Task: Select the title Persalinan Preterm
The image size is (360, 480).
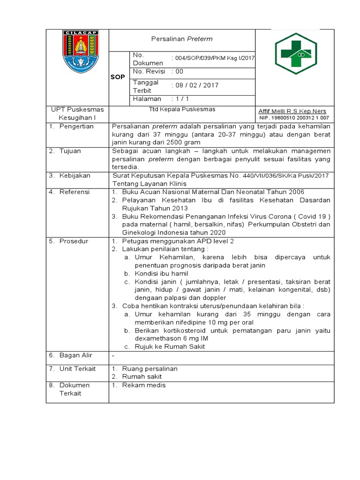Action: tap(182, 39)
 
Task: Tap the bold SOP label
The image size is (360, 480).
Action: tap(118, 77)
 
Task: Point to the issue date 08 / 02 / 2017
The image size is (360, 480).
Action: tap(197, 85)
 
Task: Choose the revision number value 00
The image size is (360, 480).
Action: tap(179, 71)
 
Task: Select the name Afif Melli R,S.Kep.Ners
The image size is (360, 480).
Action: tap(292, 111)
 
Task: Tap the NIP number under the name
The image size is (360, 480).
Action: tap(293, 118)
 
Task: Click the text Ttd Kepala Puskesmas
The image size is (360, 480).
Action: tap(181, 109)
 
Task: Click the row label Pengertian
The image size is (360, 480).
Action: tap(76, 126)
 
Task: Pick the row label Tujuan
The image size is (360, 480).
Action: tap(70, 151)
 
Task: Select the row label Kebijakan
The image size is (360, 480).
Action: tap(75, 175)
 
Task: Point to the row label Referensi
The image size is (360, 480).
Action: tap(74, 192)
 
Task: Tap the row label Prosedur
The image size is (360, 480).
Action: tap(74, 241)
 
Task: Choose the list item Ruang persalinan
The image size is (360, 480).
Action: tap(150, 368)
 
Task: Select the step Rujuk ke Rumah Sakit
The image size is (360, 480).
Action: tap(170, 346)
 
